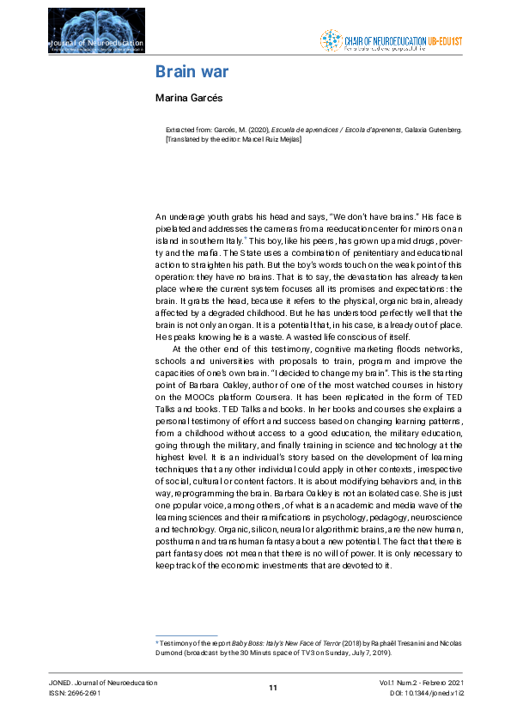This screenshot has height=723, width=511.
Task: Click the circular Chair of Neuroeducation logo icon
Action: (x=330, y=40)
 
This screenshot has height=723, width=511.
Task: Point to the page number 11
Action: (x=273, y=687)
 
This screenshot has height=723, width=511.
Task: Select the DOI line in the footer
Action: (x=426, y=692)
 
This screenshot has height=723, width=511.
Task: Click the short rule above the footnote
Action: (x=186, y=635)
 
